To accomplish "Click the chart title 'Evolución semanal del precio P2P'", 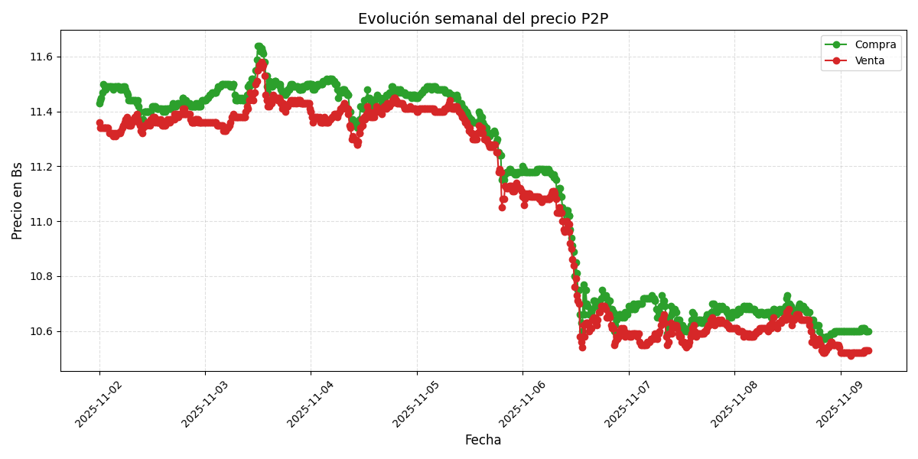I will [483, 19].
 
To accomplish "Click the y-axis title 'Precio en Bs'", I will [18, 200].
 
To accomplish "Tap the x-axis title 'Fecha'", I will [483, 441].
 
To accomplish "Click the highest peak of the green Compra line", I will [259, 47].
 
